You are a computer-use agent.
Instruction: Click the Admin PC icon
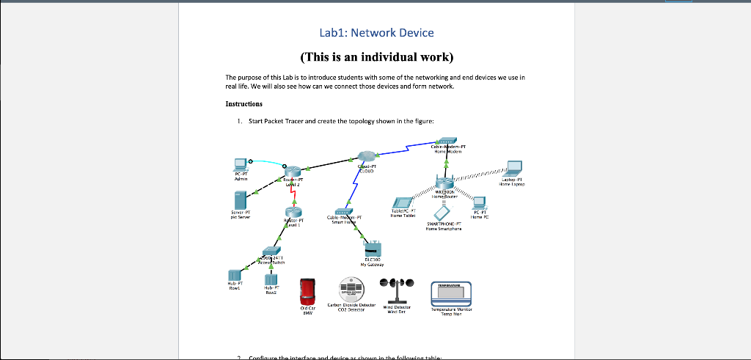[x=238, y=164]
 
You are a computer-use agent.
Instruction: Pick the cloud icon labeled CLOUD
[x=367, y=156]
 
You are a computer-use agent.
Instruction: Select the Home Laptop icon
[x=513, y=168]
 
